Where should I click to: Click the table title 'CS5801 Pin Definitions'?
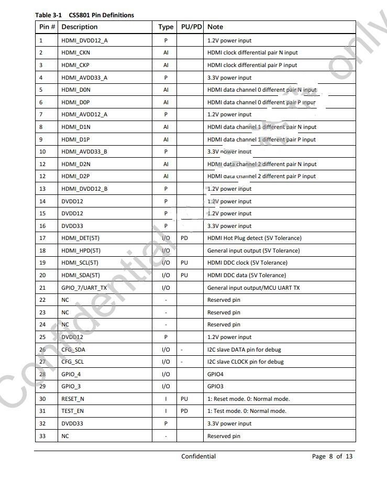(101, 15)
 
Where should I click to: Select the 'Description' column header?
(80, 27)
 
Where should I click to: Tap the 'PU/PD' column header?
(191, 27)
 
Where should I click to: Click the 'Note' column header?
(215, 27)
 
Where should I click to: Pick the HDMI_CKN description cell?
(75, 52)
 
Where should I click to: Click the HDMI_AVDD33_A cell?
(84, 78)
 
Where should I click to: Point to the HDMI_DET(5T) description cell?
(81, 238)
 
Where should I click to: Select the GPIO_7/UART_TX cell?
(84, 288)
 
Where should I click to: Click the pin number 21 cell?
(42, 288)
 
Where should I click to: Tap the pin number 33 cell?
(42, 436)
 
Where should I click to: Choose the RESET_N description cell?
(73, 399)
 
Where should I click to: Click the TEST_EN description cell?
(72, 411)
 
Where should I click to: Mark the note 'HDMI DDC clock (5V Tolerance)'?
(247, 263)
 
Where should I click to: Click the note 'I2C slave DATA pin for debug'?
(245, 349)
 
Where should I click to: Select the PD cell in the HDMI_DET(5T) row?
(184, 238)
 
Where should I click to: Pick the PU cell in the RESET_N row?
(184, 399)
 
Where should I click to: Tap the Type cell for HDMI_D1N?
(166, 127)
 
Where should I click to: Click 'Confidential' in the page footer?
(198, 456)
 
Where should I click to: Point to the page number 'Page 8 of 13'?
(332, 456)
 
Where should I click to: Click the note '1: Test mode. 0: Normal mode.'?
(247, 411)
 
